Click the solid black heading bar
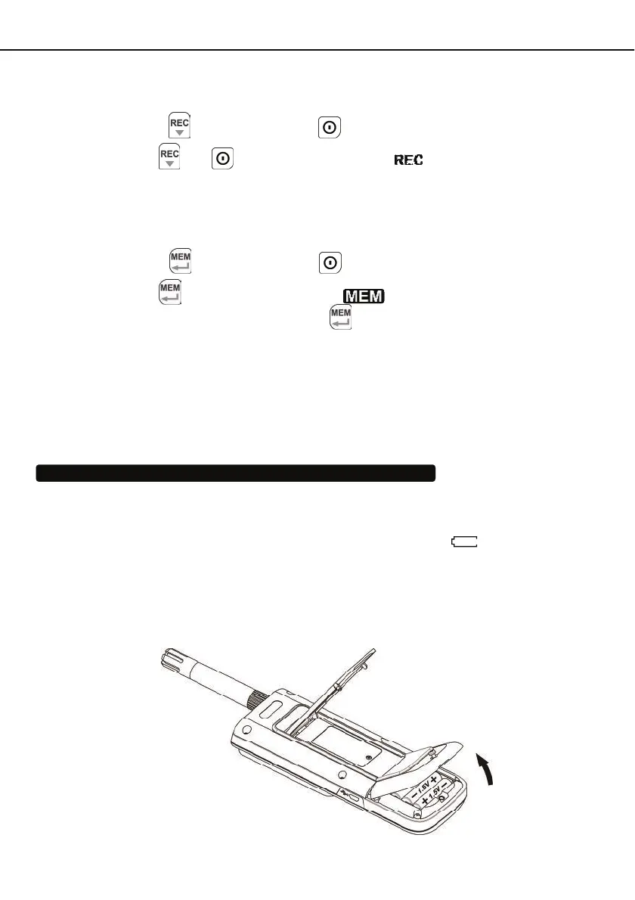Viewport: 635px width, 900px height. [236, 473]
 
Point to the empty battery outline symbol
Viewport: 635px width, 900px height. [465, 541]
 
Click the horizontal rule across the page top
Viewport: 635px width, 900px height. [317, 51]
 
